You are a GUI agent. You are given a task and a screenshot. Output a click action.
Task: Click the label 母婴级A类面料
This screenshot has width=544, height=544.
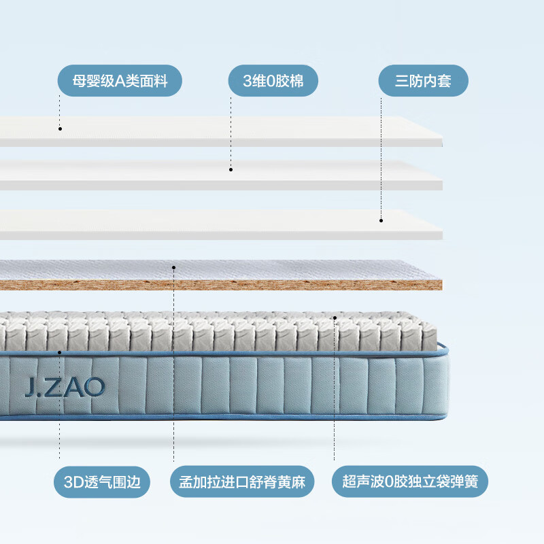tap(120, 82)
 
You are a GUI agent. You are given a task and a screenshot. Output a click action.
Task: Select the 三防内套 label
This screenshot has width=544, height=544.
tap(423, 82)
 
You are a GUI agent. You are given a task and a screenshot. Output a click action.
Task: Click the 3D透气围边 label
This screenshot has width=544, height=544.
tap(102, 482)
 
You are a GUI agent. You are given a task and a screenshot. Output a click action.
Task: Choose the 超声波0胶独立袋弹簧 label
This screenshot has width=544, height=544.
tap(410, 482)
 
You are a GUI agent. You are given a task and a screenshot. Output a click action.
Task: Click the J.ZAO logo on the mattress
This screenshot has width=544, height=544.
tap(65, 387)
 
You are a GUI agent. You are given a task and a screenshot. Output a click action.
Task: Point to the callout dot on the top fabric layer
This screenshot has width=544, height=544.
tap(60, 128)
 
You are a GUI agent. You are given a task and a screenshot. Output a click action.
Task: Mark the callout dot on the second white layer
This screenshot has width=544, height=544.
tap(231, 169)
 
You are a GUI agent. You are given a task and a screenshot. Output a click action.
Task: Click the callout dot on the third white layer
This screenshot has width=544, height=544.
tap(381, 220)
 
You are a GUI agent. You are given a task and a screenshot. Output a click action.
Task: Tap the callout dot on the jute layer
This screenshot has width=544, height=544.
tap(173, 267)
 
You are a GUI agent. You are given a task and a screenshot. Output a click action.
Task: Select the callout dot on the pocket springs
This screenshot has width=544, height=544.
tap(335, 317)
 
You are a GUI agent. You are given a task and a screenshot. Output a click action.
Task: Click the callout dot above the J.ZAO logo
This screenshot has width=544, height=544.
tap(60, 352)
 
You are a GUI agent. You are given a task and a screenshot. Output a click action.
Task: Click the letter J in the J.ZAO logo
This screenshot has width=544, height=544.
tap(29, 387)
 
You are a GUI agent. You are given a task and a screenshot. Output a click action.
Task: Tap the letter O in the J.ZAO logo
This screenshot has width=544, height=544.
tap(96, 387)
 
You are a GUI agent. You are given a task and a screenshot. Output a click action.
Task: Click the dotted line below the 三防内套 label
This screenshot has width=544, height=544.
tap(381, 156)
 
